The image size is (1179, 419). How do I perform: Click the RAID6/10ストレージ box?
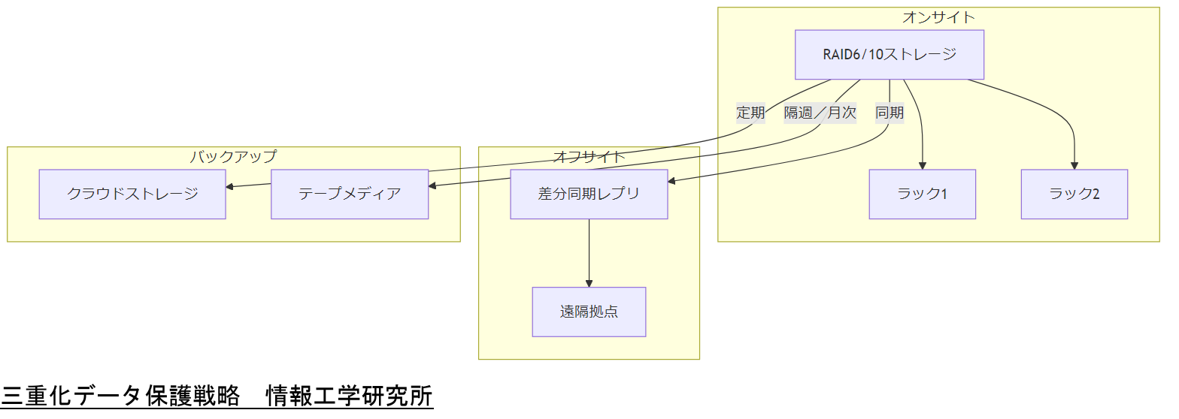click(x=890, y=55)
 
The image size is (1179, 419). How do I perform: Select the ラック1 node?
click(x=922, y=194)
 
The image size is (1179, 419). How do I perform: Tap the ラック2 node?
click(x=1074, y=194)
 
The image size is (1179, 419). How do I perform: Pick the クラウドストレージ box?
click(x=132, y=194)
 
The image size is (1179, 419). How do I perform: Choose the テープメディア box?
click(x=350, y=194)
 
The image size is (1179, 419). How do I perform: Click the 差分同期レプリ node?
click(x=589, y=194)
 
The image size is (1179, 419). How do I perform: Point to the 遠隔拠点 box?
click(x=589, y=312)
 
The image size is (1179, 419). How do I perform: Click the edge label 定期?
click(x=750, y=113)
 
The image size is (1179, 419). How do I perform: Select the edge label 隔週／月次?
click(x=820, y=113)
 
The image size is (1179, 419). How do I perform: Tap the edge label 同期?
click(x=890, y=113)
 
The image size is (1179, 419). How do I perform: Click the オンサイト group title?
click(x=938, y=17)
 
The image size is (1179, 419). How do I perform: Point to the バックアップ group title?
click(x=233, y=156)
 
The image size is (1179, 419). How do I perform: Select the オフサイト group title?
click(x=589, y=156)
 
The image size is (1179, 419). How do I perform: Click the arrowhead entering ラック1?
click(x=922, y=166)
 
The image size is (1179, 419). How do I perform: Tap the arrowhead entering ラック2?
click(x=1074, y=166)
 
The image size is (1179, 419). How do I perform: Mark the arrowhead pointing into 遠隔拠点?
click(x=589, y=283)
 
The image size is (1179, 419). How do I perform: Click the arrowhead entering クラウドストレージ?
click(x=230, y=187)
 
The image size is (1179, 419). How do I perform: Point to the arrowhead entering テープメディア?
click(x=432, y=185)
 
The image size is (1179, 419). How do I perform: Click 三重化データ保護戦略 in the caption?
click(x=121, y=395)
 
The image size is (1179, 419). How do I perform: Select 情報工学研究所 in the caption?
click(x=350, y=395)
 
